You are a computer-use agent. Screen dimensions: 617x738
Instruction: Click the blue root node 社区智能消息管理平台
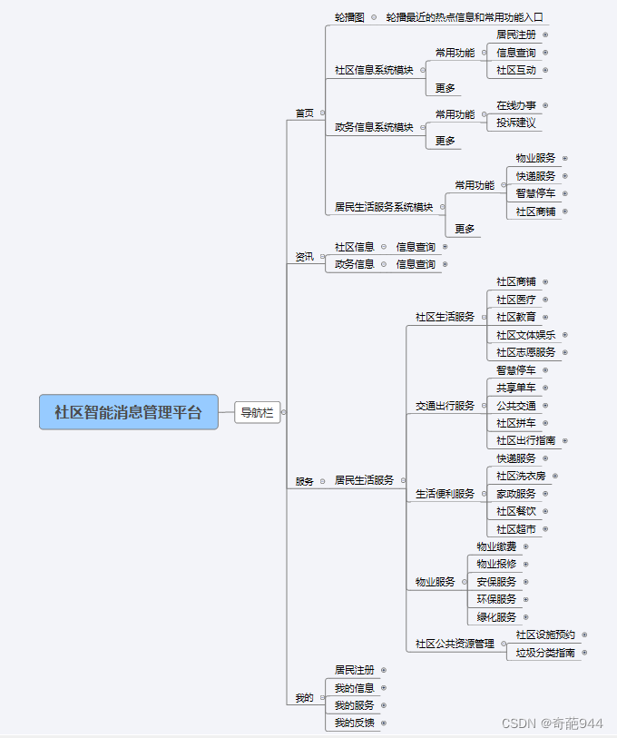tap(129, 412)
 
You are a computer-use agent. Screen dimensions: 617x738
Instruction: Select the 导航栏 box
tap(257, 412)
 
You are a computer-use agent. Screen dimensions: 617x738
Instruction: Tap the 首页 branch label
tap(304, 113)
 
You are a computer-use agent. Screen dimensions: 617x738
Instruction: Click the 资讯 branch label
tap(304, 257)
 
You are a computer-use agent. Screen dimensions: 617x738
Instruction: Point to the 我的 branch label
tap(304, 698)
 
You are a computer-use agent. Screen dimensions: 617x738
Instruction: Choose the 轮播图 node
tap(349, 17)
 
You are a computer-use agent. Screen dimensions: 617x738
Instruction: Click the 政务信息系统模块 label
tap(374, 128)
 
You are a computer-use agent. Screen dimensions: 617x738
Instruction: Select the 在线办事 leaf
tap(515, 105)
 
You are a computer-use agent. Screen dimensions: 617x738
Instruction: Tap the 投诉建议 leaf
tap(515, 123)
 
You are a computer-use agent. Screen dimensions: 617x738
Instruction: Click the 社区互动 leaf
tap(515, 70)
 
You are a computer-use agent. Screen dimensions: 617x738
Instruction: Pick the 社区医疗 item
tap(515, 300)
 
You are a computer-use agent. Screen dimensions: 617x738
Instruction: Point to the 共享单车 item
tap(515, 388)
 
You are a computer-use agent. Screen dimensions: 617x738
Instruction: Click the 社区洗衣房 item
tap(521, 476)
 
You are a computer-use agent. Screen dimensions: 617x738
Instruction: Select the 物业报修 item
tap(496, 564)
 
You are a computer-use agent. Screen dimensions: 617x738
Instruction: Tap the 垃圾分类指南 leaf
tap(545, 653)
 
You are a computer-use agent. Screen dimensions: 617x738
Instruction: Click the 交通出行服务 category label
tap(445, 406)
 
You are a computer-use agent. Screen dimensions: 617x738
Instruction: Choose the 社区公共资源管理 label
tap(455, 644)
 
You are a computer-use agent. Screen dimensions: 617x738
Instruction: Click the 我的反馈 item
tap(354, 723)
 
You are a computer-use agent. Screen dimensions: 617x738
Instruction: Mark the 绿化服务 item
tap(496, 617)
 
